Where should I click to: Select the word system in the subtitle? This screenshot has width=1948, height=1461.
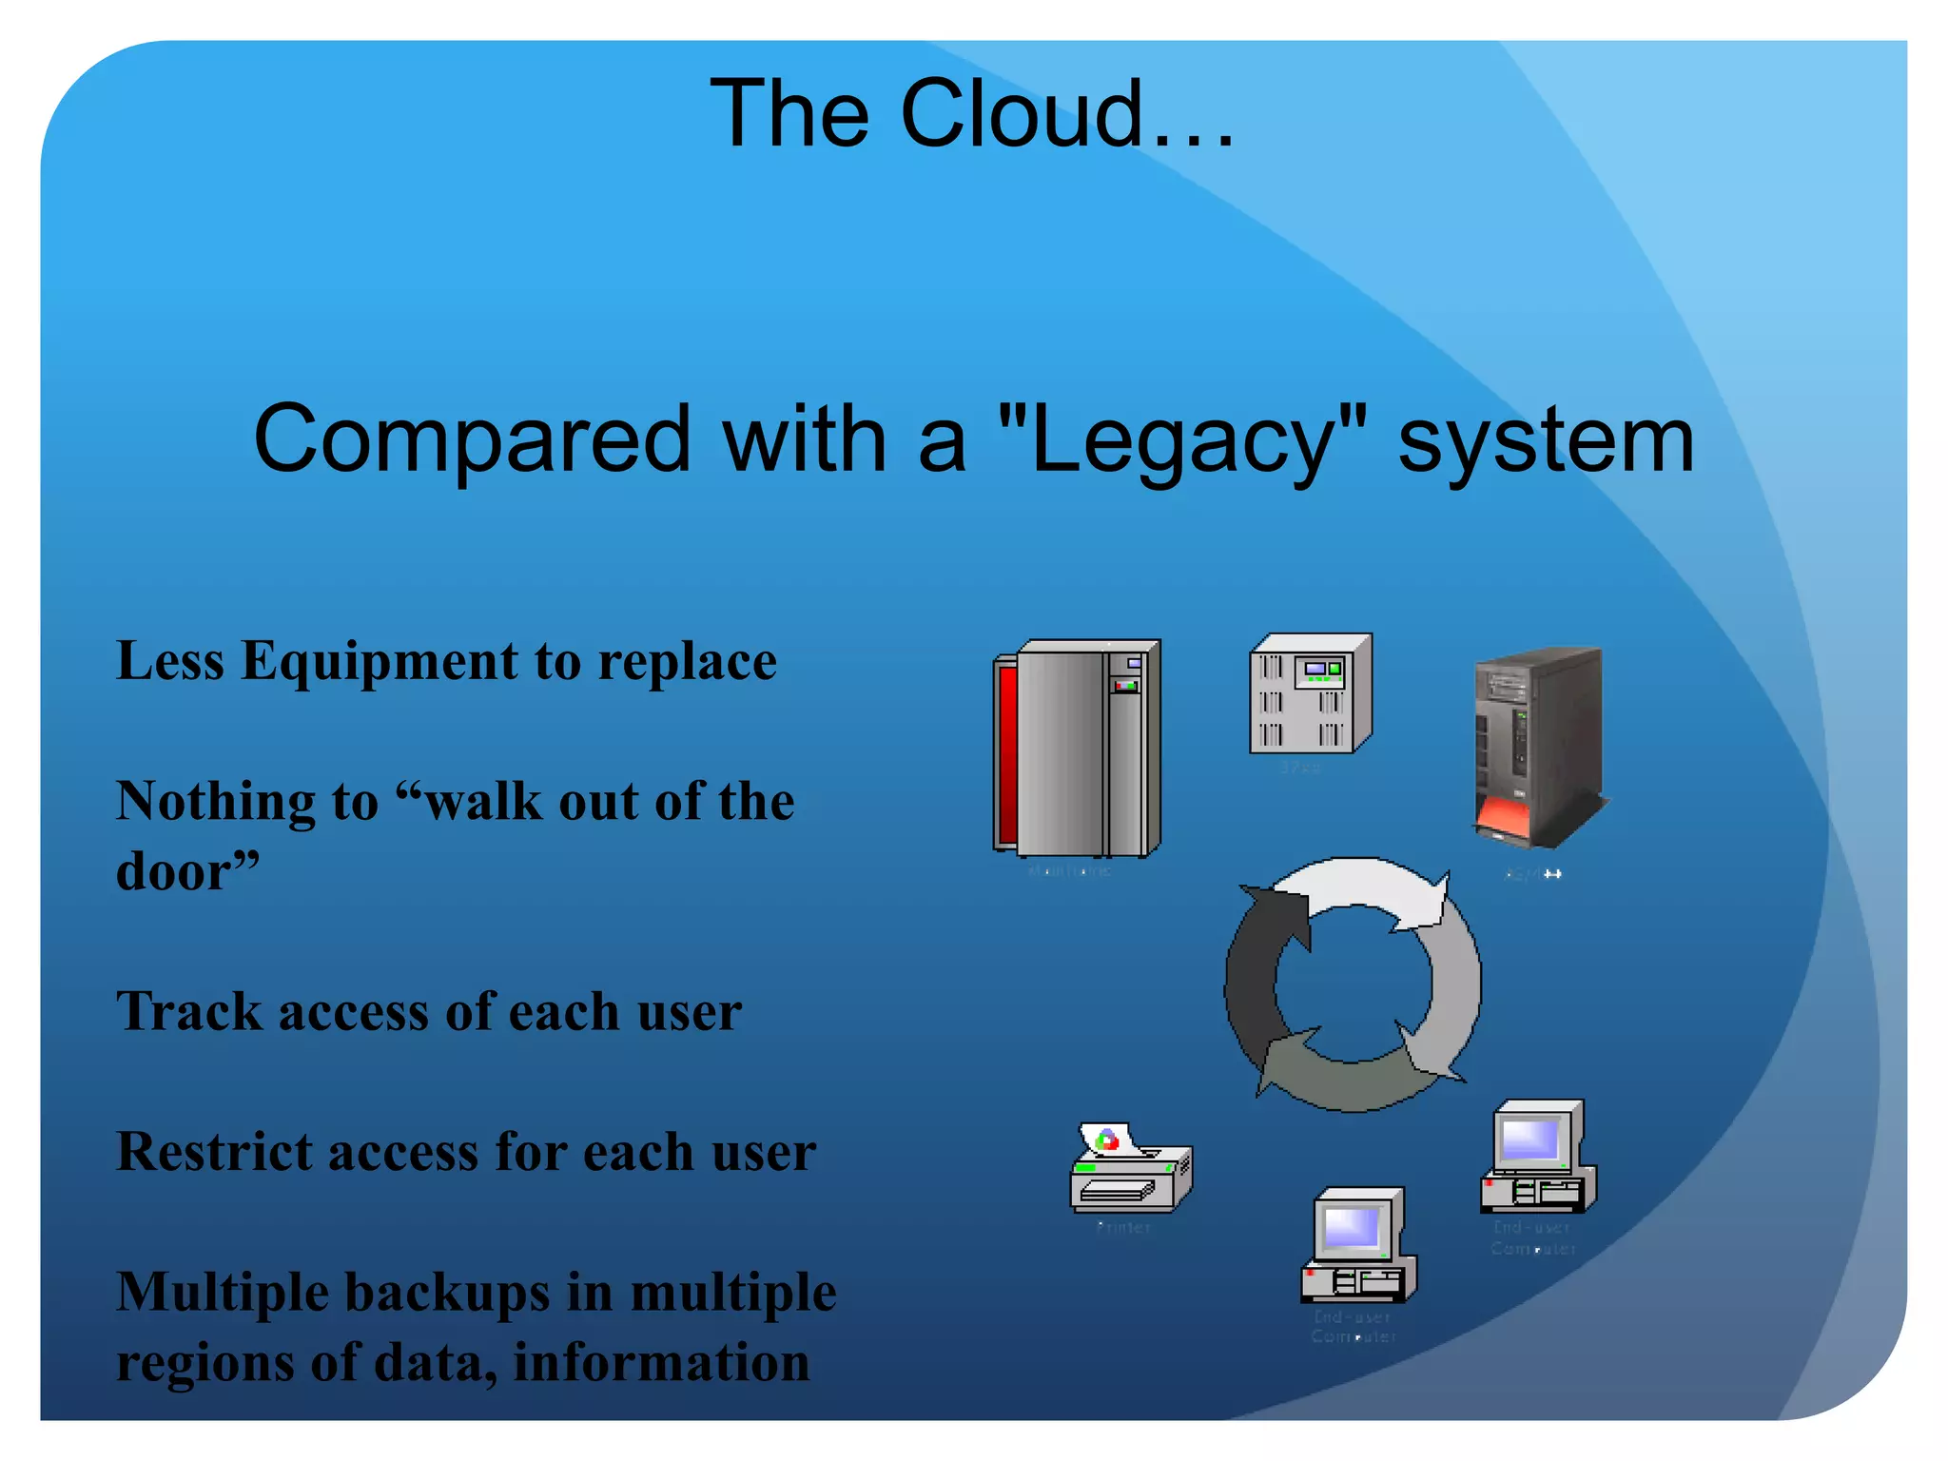1546,439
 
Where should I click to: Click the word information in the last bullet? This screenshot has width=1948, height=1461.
661,1362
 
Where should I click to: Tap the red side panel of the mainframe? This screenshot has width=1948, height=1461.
1005,751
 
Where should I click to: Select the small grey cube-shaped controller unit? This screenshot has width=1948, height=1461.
1310,694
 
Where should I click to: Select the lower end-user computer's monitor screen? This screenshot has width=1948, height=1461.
1351,1227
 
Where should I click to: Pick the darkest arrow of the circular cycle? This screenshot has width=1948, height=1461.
1256,980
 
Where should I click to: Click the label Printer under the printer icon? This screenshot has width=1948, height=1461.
1123,1227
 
